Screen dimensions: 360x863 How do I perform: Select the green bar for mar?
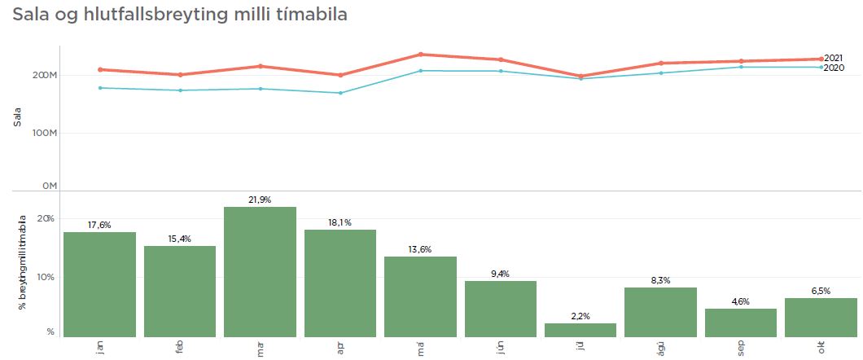(260, 271)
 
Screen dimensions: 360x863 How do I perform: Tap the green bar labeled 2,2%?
(580, 330)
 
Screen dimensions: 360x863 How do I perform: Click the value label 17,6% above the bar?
(99, 225)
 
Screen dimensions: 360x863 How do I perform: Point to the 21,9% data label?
(260, 200)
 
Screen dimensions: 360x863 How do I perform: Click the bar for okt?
(821, 317)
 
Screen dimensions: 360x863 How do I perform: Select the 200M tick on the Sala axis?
(44, 76)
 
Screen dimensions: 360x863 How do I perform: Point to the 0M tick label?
(49, 187)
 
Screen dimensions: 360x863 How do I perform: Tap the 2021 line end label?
(833, 58)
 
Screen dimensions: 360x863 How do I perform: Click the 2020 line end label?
(833, 68)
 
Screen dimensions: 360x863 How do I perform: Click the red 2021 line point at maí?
(421, 55)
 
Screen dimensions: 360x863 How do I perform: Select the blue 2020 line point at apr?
(340, 93)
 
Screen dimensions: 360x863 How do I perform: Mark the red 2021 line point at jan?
(99, 69)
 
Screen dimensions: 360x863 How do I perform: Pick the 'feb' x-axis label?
(180, 347)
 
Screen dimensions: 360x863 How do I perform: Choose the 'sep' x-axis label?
(741, 347)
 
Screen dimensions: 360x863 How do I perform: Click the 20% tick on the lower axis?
(46, 219)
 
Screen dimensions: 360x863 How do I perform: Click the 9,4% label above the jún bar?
(501, 274)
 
